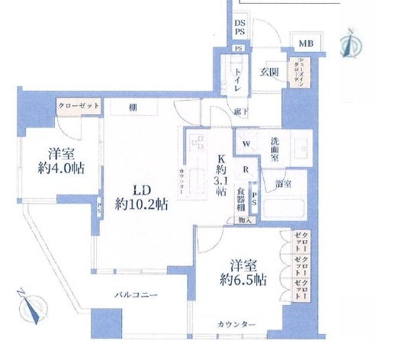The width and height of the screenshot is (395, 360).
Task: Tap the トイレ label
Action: point(239,78)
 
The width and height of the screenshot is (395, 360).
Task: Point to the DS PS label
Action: point(239,28)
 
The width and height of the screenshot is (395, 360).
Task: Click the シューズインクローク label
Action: point(294,75)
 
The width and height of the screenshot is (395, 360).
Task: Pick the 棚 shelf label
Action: point(133,107)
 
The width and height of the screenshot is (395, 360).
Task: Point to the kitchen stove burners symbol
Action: point(197,143)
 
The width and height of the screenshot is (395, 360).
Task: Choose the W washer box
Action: point(246,143)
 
